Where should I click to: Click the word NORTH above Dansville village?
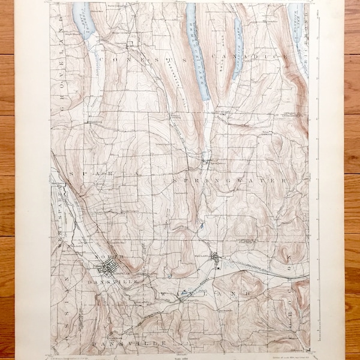pyautogui.click(x=108, y=256)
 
